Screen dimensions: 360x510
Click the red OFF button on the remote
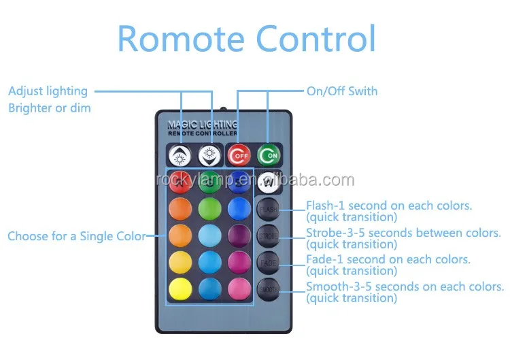click(238, 156)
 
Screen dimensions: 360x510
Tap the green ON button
click(268, 156)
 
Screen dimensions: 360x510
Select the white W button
click(268, 182)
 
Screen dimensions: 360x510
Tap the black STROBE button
click(268, 235)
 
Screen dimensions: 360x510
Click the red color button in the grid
click(180, 182)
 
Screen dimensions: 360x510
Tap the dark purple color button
click(239, 235)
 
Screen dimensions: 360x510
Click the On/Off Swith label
click(342, 91)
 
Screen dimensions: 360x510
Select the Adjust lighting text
click(48, 91)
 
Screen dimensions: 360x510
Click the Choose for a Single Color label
click(76, 237)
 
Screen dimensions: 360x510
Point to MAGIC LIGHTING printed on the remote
click(202, 125)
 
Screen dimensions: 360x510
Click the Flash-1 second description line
click(389, 206)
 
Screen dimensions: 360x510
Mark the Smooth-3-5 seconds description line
click(405, 287)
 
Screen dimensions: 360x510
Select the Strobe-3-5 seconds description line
click(403, 233)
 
